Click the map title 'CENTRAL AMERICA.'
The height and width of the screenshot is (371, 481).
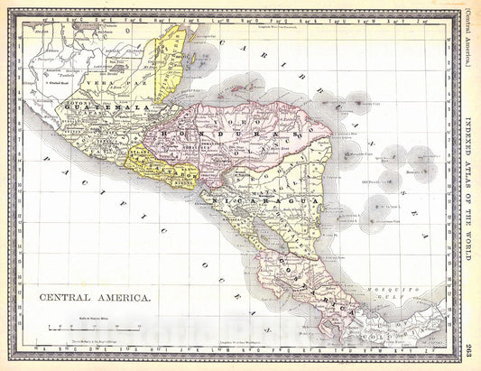[94, 296]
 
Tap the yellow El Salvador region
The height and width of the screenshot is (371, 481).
[162, 167]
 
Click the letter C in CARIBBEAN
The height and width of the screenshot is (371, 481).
[243, 46]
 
